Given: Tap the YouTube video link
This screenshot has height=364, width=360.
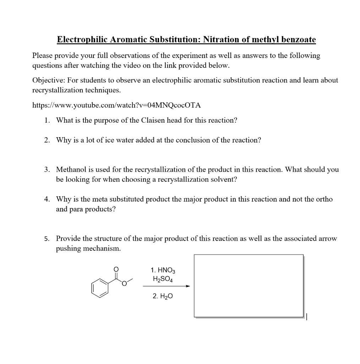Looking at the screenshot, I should [x=116, y=105].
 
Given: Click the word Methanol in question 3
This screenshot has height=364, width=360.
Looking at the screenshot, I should [x=71, y=170].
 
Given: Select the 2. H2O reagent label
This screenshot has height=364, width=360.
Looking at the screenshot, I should [x=163, y=296].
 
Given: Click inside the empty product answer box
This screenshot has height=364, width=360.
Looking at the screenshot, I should [x=249, y=285].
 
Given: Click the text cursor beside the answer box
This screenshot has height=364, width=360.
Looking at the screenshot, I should [x=307, y=316].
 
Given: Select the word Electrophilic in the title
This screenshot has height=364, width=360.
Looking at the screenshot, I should [x=82, y=39].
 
